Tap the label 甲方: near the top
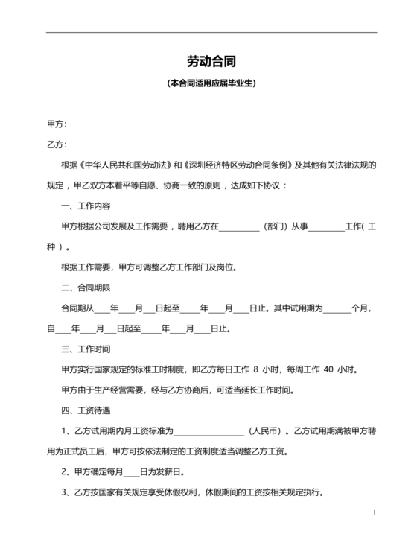pos(57,124)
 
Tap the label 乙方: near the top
pos(57,144)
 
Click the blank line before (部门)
pos(239,226)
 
